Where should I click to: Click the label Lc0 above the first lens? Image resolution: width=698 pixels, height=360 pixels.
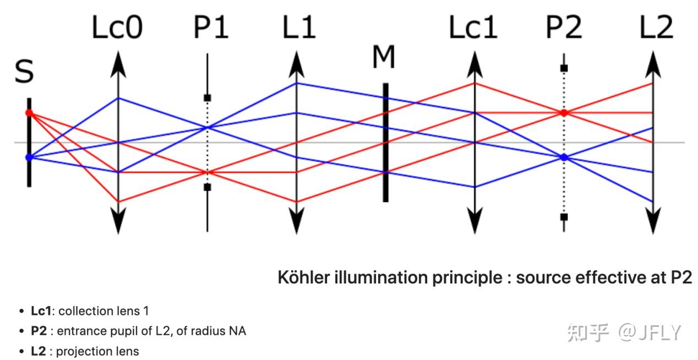tap(117, 27)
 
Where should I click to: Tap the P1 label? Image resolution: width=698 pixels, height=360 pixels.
tap(211, 27)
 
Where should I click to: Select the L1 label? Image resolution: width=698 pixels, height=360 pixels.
tap(299, 27)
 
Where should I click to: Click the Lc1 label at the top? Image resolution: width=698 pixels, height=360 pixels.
tap(473, 27)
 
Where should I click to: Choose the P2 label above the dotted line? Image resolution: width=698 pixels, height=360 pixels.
tap(564, 27)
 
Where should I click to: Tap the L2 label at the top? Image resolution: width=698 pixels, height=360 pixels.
tap(656, 27)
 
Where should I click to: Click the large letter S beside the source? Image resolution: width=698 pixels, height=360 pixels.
tap(24, 72)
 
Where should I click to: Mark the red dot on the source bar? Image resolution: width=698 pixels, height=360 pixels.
tap(29, 113)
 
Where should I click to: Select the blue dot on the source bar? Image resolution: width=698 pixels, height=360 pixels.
tap(29, 157)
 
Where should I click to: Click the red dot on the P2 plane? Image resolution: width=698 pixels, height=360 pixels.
tap(564, 113)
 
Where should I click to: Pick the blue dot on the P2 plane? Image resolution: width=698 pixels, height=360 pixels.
tap(564, 157)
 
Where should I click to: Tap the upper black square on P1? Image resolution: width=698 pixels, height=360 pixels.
tap(208, 98)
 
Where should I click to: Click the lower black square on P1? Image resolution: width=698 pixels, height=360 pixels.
tap(208, 187)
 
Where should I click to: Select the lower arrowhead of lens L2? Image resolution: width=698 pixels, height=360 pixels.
tap(653, 221)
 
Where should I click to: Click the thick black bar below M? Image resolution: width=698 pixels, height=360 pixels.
tap(386, 143)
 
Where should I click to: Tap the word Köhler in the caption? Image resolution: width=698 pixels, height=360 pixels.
tap(303, 277)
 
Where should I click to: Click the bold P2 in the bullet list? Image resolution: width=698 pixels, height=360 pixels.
tap(39, 331)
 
